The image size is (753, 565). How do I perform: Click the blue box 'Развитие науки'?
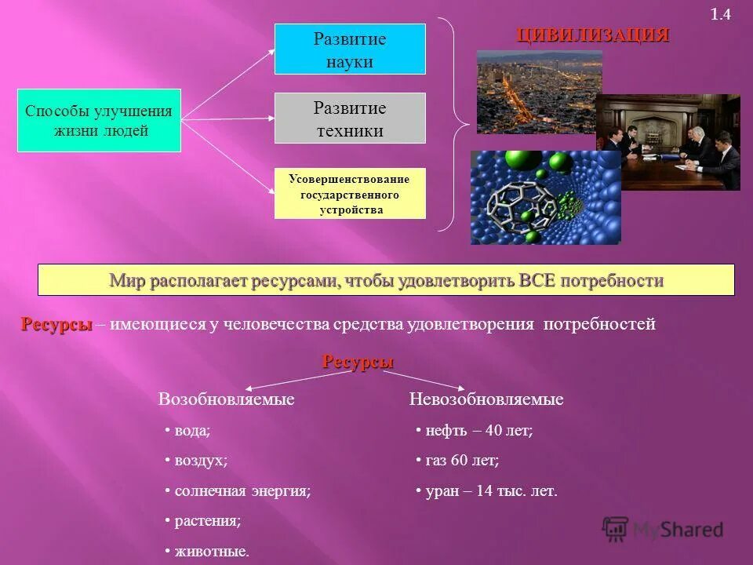350,49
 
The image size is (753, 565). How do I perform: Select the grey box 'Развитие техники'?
350,118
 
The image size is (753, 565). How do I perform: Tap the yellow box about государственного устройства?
350,194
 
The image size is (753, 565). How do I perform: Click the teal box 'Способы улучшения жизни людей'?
100,120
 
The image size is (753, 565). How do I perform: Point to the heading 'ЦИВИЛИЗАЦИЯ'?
592,35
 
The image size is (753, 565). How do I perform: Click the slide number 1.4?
720,15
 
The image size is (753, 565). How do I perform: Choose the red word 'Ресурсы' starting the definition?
56,324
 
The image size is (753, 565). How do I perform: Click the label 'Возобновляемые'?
227,399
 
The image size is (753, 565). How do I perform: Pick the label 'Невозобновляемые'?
486,399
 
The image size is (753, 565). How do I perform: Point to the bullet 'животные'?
210,552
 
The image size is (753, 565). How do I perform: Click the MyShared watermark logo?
663,528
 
